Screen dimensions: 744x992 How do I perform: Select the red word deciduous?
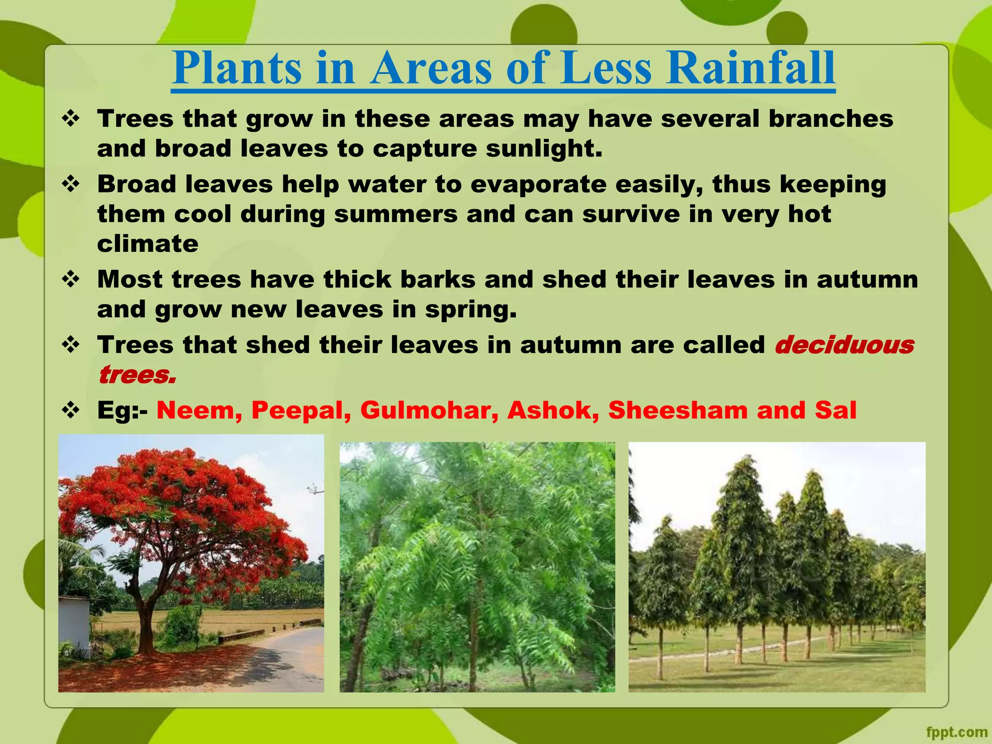pyautogui.click(x=844, y=345)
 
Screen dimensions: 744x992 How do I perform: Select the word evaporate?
pyautogui.click(x=538, y=185)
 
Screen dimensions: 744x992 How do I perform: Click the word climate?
pyautogui.click(x=148, y=244)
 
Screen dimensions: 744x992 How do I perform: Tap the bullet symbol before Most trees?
pyautogui.click(x=71, y=279)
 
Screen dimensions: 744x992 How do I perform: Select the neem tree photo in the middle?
pyautogui.click(x=477, y=567)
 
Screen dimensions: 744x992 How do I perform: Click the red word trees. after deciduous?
pyautogui.click(x=137, y=375)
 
